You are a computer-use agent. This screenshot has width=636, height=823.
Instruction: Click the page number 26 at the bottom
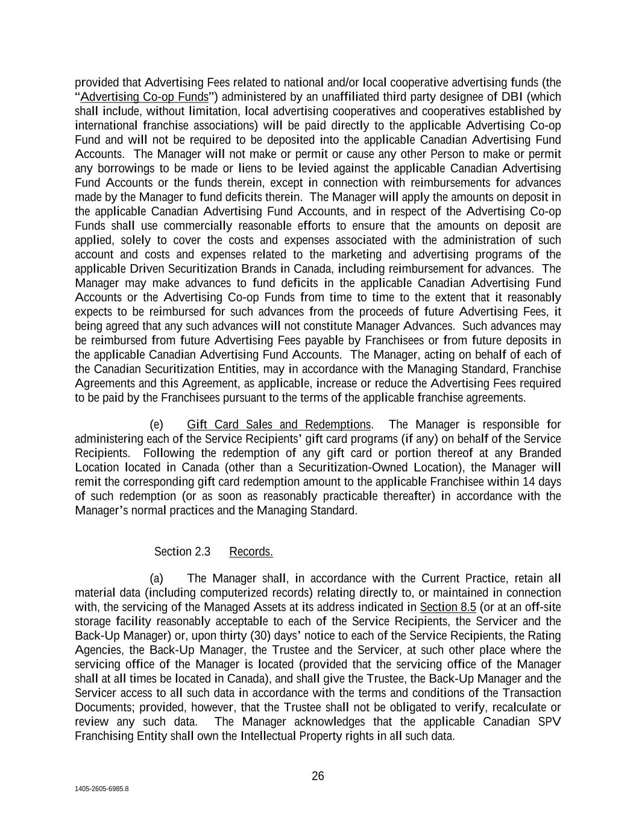318,776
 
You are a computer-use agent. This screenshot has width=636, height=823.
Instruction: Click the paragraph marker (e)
156,424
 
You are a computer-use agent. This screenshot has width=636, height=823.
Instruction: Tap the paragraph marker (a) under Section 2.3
156,578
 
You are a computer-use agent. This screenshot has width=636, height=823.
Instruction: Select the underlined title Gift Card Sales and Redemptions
279,424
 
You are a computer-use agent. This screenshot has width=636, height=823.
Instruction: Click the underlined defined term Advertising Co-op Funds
144,97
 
